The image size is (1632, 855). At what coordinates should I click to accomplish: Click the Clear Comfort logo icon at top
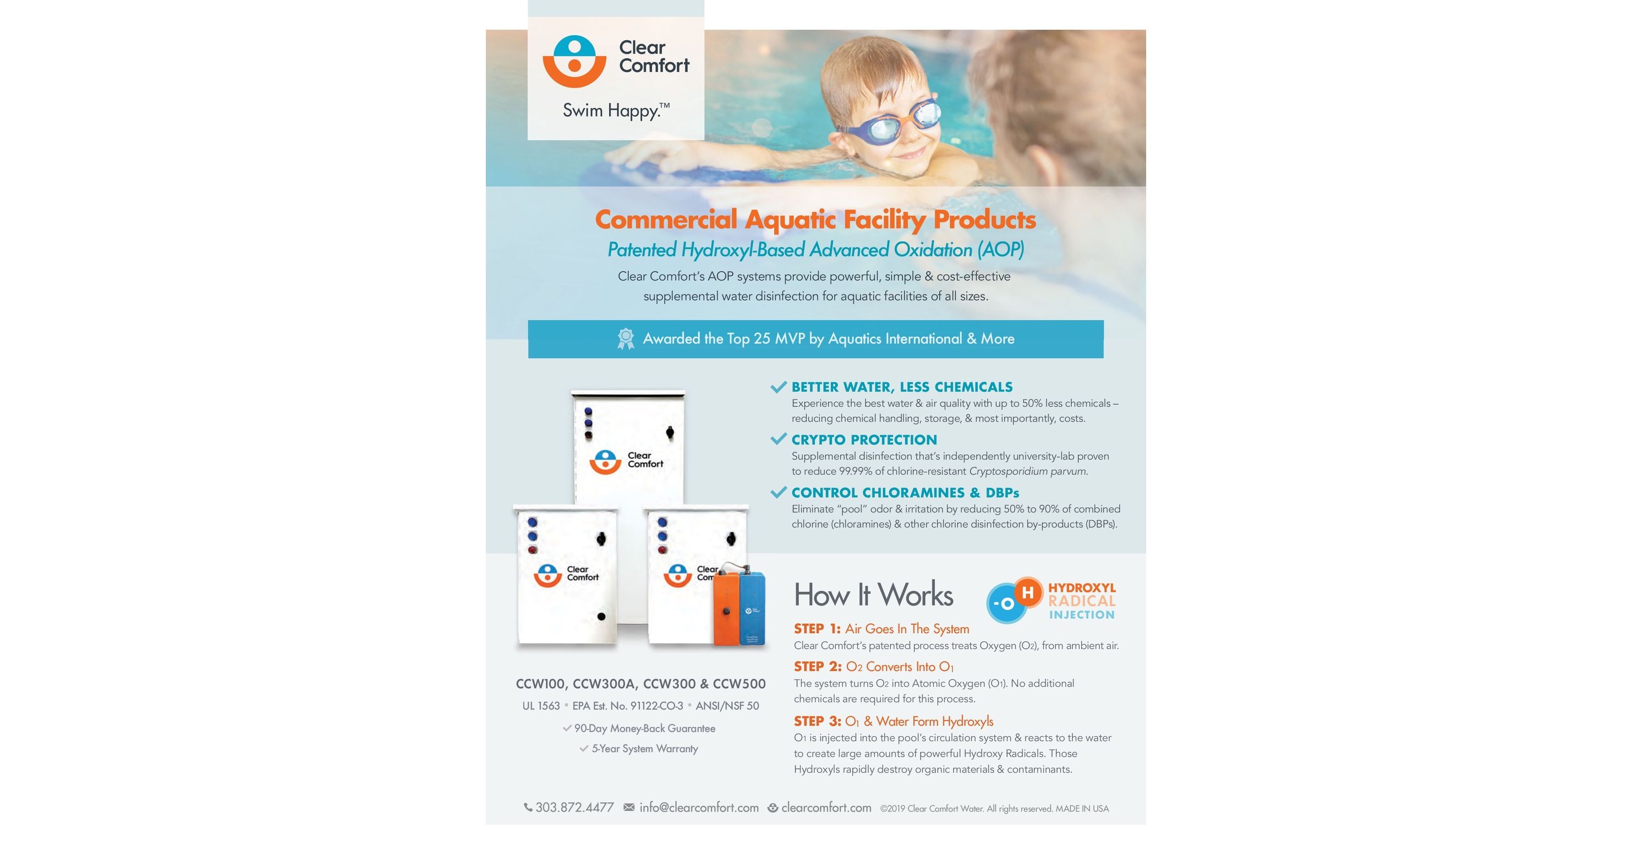point(574,62)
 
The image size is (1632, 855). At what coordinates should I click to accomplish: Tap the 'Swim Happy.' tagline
point(616,111)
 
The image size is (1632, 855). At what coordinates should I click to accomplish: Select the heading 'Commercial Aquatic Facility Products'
point(815,219)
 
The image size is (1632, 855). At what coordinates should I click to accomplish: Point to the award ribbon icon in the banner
point(626,339)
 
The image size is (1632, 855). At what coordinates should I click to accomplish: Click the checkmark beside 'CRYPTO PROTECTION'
point(779,439)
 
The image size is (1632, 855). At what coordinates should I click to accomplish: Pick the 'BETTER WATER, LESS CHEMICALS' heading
point(902,386)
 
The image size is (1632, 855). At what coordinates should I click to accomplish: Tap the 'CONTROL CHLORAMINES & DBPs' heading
point(905,493)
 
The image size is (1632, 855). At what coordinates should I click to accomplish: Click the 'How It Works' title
point(873,595)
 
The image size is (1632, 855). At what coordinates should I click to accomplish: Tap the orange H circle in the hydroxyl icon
point(1028,592)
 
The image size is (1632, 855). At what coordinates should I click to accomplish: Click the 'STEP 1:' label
point(817,629)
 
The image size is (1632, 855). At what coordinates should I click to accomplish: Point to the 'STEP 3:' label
point(817,721)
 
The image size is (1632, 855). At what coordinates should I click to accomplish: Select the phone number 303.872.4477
point(574,808)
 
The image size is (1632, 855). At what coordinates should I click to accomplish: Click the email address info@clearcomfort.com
point(699,808)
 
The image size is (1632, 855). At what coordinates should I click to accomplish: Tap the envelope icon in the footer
point(629,808)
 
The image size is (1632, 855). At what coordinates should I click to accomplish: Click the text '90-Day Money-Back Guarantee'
point(644,728)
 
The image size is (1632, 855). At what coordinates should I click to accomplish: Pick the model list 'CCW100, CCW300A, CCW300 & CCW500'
point(640,684)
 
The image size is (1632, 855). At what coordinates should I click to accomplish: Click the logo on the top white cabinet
point(626,461)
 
